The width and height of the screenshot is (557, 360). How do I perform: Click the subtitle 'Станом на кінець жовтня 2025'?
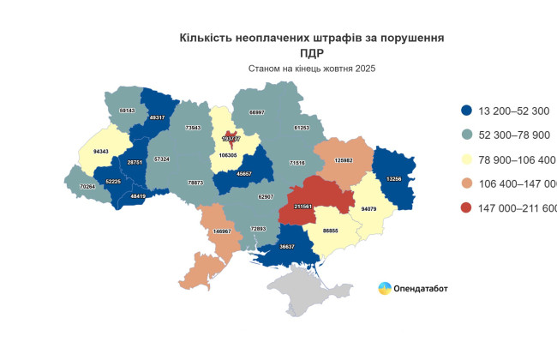pos(312,68)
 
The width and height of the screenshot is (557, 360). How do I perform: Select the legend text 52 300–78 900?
pos(516,135)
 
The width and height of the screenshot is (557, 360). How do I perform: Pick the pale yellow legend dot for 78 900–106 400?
pos(467,159)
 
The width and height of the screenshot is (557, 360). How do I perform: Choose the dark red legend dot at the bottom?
pos(467,208)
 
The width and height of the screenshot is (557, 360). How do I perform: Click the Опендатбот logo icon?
pos(386,288)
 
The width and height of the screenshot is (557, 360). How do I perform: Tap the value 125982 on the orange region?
pos(344,159)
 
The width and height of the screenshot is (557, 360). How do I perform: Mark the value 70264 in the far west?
pos(87,186)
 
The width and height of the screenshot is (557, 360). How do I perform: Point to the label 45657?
pos(244,173)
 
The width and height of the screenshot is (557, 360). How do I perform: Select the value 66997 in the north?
pos(256,112)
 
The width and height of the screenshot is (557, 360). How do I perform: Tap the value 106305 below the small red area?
pos(229,156)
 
